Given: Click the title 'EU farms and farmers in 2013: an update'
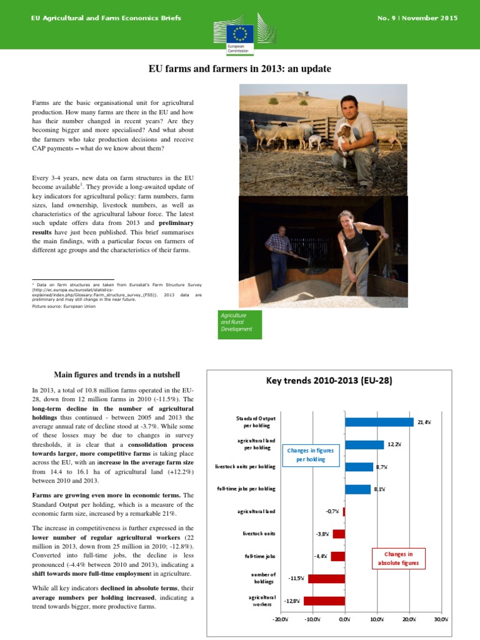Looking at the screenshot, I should tap(239, 69).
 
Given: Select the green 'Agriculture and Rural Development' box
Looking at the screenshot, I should tap(241, 322).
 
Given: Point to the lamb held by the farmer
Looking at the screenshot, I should tap(346, 134).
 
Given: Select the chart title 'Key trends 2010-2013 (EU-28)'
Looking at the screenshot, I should tap(329, 380).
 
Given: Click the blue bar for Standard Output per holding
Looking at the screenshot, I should tap(379, 422).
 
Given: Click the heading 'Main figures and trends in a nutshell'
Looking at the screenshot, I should tap(117, 375).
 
